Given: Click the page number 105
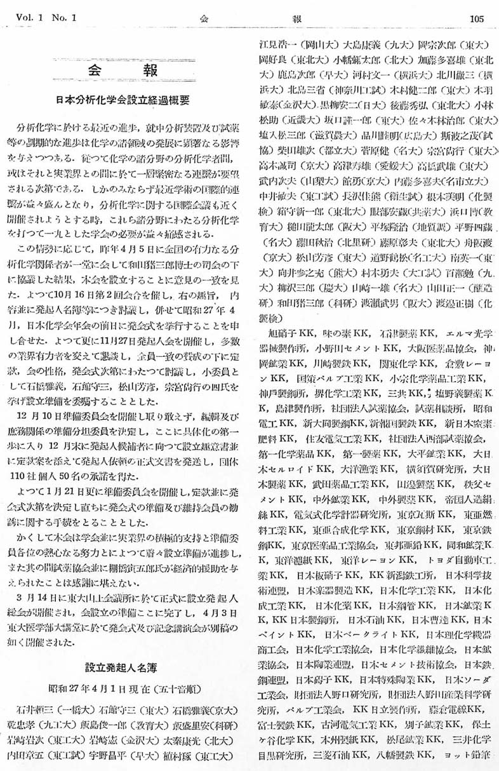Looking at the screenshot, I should (x=477, y=18).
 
